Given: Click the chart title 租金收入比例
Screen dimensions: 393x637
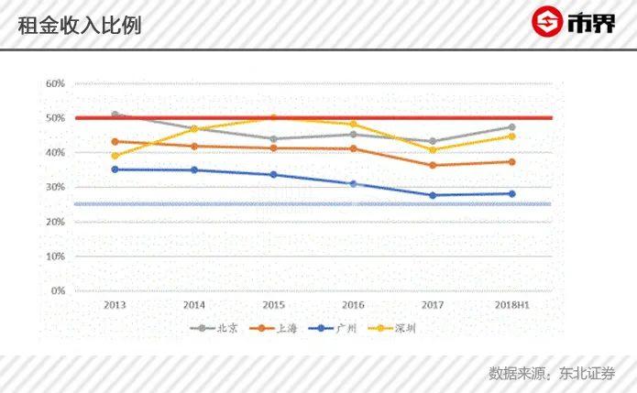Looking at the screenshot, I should point(80,26).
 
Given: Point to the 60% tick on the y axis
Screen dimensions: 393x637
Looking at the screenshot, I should point(55,83).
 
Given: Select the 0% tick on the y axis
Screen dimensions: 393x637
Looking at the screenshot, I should point(57,291).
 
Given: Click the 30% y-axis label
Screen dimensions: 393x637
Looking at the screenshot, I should point(55,187).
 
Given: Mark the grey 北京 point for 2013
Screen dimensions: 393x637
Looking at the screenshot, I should point(115,115).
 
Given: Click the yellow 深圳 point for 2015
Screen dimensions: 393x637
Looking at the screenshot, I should point(273,117).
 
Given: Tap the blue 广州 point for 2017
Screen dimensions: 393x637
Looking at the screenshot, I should point(432,195).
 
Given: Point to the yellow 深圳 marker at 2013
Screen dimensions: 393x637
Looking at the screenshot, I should point(115,156).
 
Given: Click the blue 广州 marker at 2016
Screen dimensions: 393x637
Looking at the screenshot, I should point(353,184).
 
